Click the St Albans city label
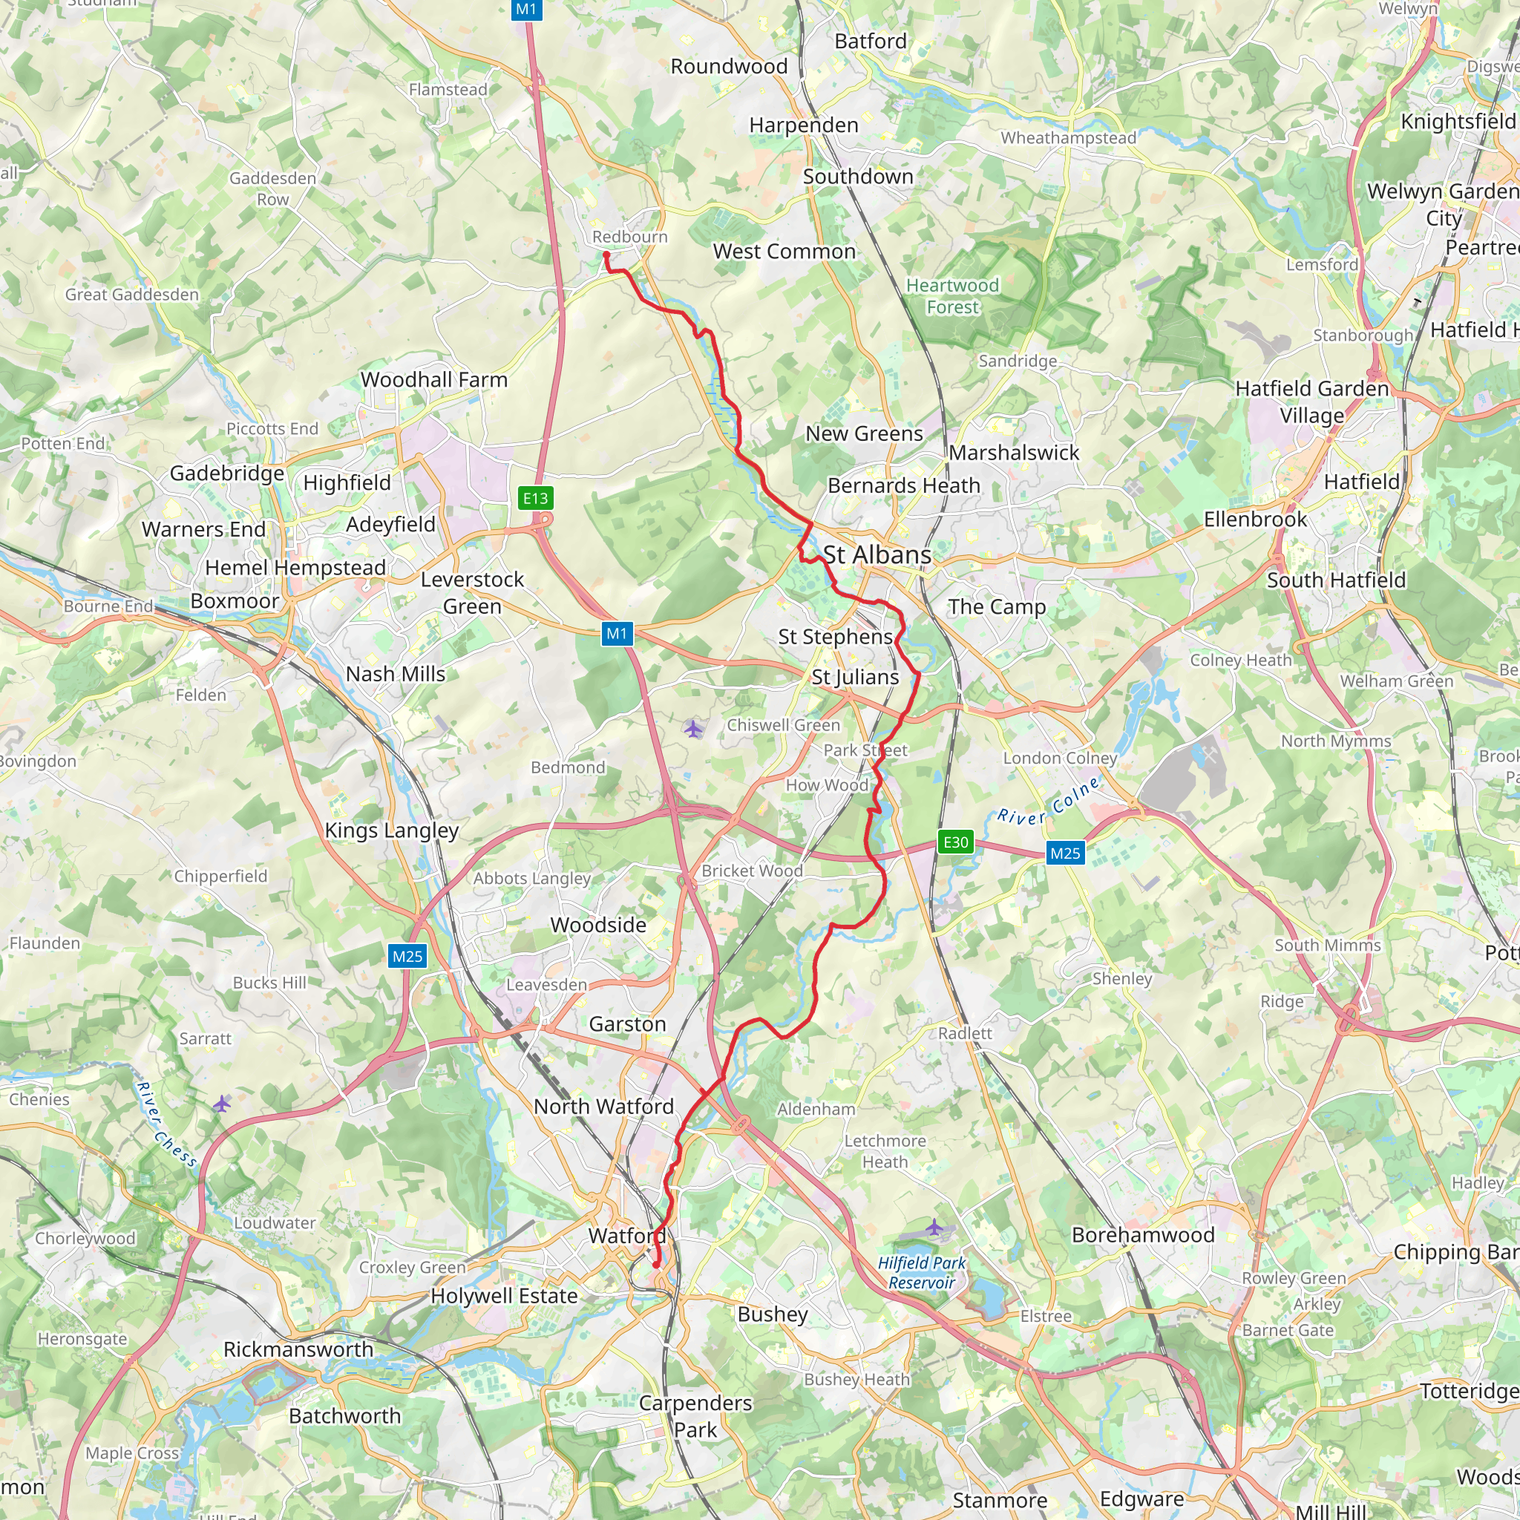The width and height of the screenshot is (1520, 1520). [x=877, y=554]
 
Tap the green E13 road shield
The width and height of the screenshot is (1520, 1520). [x=536, y=498]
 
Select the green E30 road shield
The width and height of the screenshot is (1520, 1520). [x=956, y=842]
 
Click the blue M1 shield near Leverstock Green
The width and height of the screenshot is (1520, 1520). [x=617, y=633]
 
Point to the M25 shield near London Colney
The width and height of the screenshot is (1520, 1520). [x=1065, y=854]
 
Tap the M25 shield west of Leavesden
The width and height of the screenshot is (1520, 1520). [x=407, y=957]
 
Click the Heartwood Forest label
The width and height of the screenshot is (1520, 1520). [x=952, y=297]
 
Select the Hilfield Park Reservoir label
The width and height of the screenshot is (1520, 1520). [x=921, y=1272]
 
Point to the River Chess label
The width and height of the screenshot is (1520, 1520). [x=167, y=1124]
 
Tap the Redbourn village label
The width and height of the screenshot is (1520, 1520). [x=629, y=237]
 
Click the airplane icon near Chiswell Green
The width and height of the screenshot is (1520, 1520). [x=693, y=730]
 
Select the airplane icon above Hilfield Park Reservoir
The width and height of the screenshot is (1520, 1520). [x=933, y=1228]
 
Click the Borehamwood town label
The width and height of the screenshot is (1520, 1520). [x=1143, y=1235]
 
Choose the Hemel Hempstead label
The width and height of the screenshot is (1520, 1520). [x=295, y=567]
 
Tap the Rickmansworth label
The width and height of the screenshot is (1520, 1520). [x=298, y=1349]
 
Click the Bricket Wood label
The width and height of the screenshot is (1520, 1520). [x=752, y=871]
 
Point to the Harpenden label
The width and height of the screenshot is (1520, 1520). [x=803, y=125]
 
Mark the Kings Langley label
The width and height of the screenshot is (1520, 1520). [x=392, y=831]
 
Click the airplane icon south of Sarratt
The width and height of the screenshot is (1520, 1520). [x=222, y=1104]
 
